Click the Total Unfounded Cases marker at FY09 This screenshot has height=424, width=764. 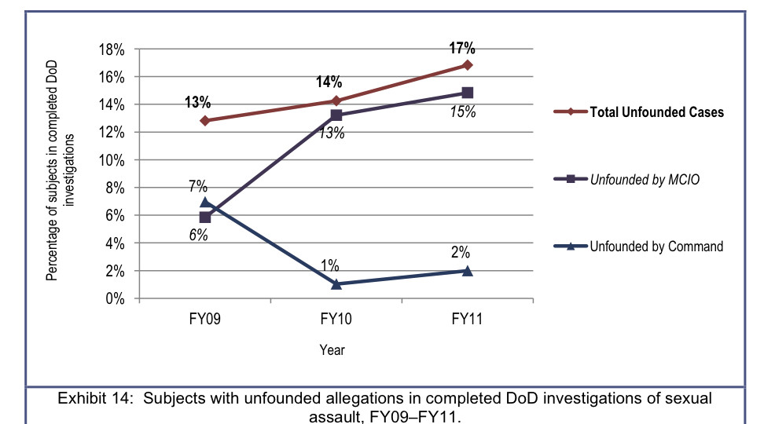tap(205, 120)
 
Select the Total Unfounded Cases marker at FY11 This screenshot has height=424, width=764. tap(468, 65)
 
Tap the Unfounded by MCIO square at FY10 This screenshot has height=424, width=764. tap(336, 115)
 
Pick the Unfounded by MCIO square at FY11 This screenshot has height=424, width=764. tap(468, 93)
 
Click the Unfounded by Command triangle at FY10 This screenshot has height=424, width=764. tap(336, 284)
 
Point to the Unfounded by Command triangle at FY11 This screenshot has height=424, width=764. tap(468, 270)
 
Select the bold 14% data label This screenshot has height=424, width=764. tap(329, 82)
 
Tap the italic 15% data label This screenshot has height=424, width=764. tap(464, 111)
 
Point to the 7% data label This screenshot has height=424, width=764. tap(197, 186)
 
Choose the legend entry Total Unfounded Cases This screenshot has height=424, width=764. tap(657, 112)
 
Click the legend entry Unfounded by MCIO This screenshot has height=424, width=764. tap(645, 180)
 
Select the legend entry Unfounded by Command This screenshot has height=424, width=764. tap(656, 247)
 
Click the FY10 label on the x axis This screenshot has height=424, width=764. tap(336, 320)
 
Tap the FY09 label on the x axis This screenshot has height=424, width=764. tap(204, 320)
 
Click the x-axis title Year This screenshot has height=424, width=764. tap(332, 350)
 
